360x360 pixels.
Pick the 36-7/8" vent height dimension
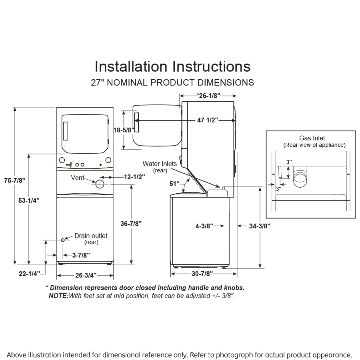[130, 223]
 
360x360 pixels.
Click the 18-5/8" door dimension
[124, 130]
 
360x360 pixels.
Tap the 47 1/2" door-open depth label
[207, 120]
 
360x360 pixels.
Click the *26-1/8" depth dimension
[208, 95]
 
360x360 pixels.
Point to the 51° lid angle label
[174, 184]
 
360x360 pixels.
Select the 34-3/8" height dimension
[259, 226]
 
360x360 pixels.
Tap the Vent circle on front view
[99, 184]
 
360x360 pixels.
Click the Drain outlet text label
[91, 236]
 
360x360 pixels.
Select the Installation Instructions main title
[172, 66]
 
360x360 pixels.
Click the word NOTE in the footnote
[58, 296]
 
